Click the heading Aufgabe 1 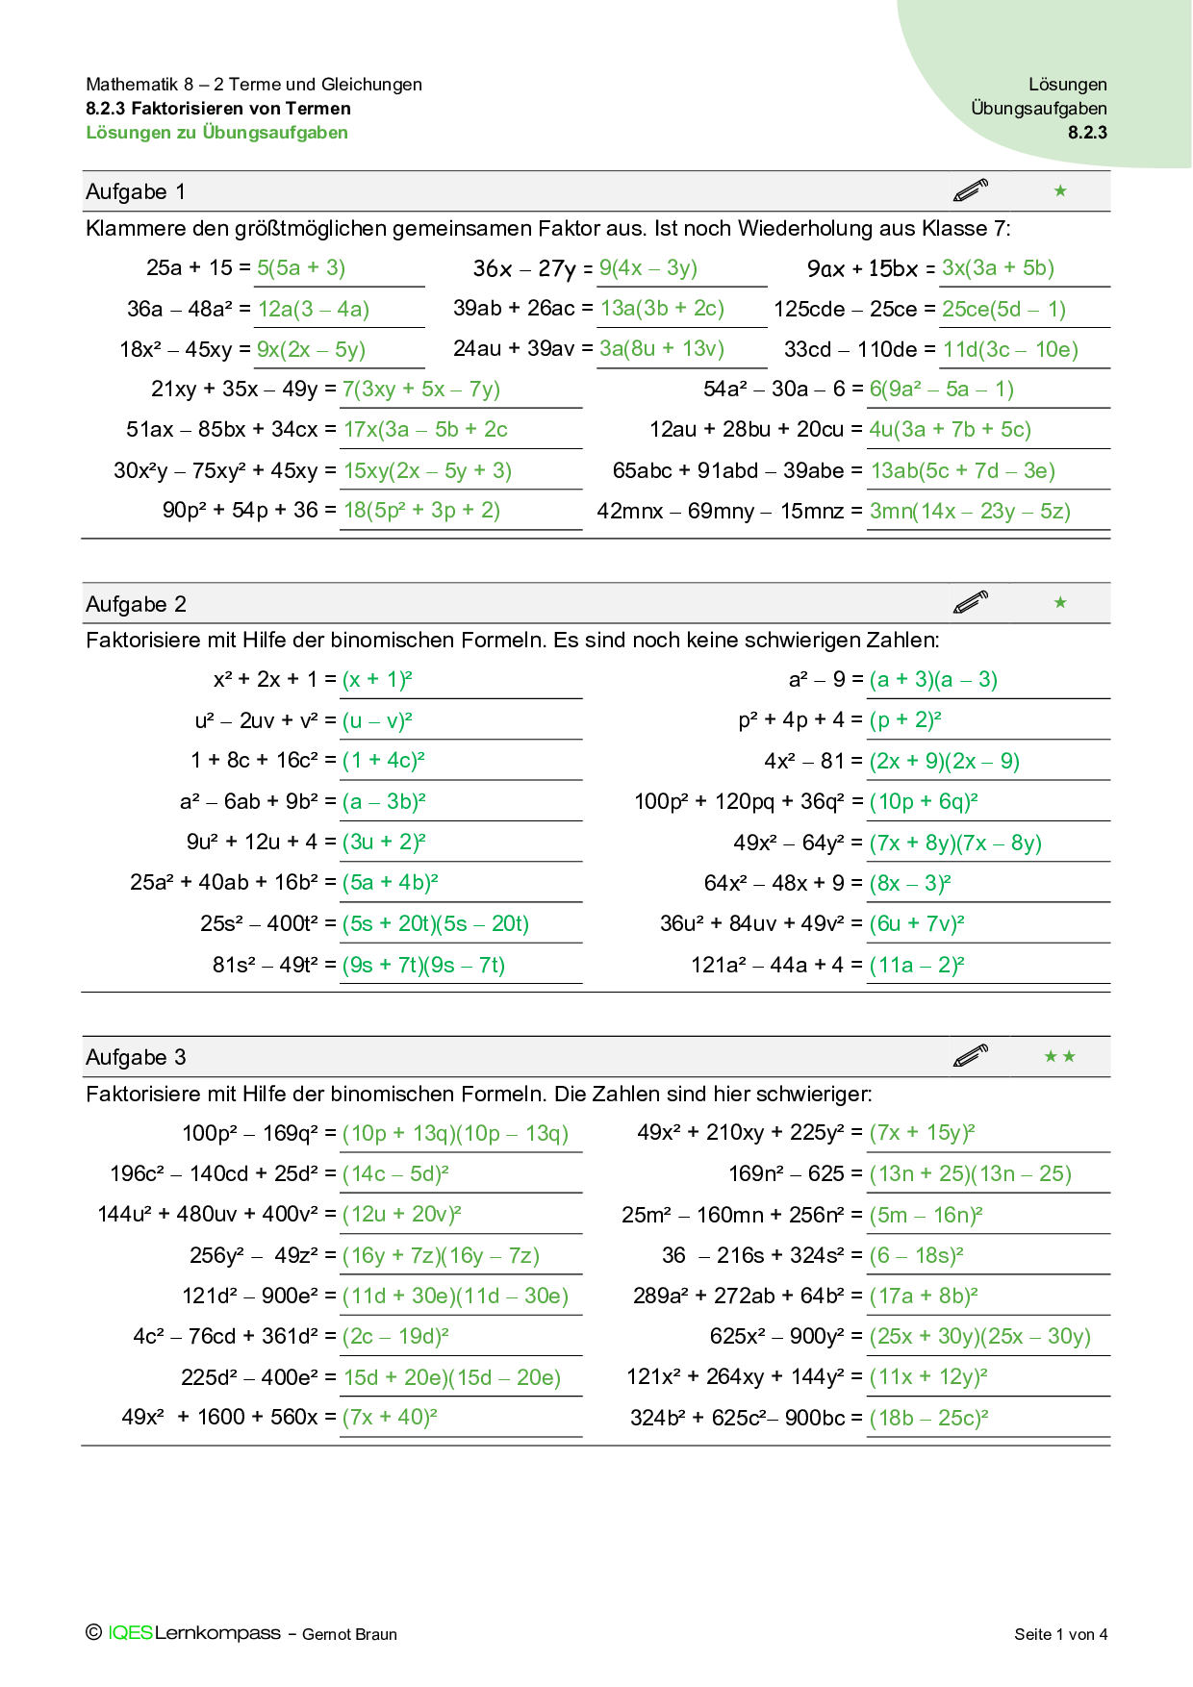click(136, 191)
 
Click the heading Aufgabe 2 click(136, 604)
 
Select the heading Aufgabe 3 click(136, 1057)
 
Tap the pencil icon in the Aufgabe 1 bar click(971, 190)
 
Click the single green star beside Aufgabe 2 click(1060, 603)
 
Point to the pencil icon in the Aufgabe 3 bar click(971, 1056)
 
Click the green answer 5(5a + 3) click(301, 268)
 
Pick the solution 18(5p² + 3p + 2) click(422, 511)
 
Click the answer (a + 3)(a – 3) click(933, 680)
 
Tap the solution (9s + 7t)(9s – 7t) click(423, 966)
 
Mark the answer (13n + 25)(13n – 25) click(970, 1174)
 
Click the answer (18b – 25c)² click(928, 1419)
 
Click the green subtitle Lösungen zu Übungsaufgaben click(217, 133)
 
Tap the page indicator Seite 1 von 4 click(1060, 1634)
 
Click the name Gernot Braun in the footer click(349, 1634)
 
